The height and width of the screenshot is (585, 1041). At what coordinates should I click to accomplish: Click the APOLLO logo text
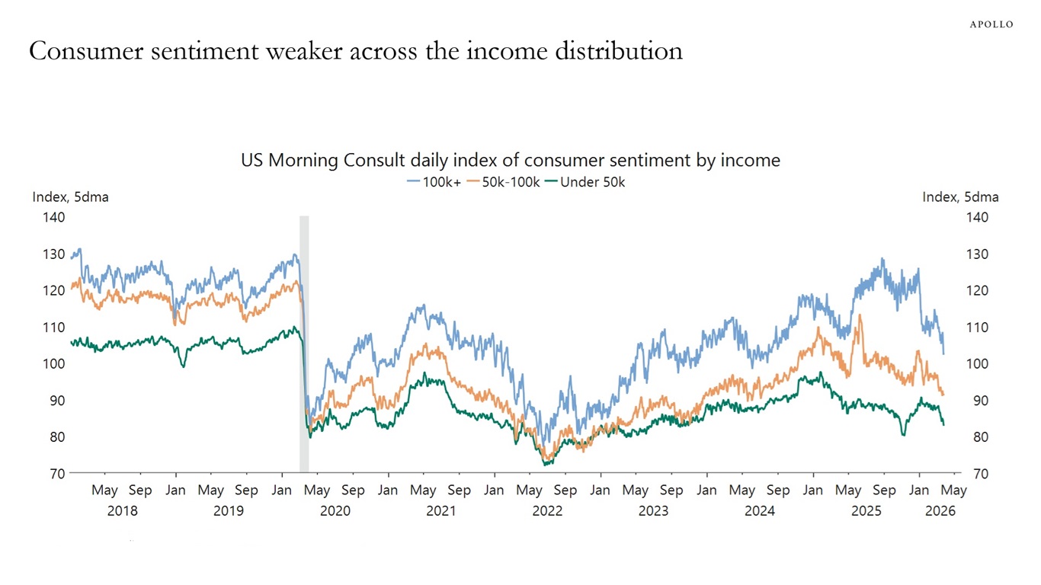991,24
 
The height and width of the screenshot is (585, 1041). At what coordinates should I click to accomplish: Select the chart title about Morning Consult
511,160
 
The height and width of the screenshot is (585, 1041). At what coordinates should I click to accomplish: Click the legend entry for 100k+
434,182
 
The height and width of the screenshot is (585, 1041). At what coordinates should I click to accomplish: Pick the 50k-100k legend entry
504,182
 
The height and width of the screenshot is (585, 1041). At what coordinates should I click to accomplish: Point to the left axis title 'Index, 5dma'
70,197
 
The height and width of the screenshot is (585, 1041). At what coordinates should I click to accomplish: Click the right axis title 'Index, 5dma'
960,197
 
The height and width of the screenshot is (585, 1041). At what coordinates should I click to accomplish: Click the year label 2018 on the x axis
122,510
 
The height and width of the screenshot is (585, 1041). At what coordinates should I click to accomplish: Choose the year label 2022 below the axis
547,510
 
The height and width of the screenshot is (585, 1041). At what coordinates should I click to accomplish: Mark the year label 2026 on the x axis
940,510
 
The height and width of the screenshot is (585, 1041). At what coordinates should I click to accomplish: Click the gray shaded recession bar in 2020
304,343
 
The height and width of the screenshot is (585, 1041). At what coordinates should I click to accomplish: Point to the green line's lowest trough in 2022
546,464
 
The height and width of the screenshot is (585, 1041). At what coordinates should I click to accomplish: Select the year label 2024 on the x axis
760,510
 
